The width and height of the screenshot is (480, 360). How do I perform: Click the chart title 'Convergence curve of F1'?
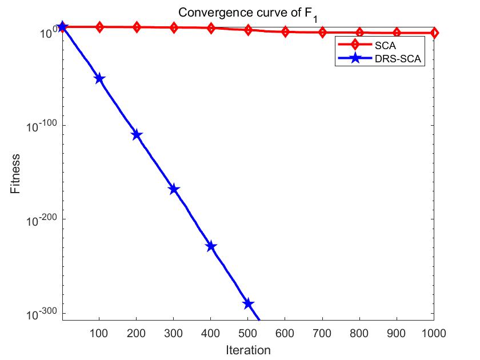[x=247, y=13]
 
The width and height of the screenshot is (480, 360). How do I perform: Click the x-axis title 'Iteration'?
[x=247, y=350]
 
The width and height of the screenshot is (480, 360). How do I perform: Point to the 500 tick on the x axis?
[x=248, y=332]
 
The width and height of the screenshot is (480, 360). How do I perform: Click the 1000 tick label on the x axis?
[x=434, y=332]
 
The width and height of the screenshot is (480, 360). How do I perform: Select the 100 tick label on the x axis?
[x=99, y=332]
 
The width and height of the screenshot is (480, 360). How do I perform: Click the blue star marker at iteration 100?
[x=99, y=78]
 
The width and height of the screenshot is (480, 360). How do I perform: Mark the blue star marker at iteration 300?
[x=174, y=189]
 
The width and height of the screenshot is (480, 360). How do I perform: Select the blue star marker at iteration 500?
[x=248, y=303]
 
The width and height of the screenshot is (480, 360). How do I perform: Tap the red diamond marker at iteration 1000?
[x=434, y=33]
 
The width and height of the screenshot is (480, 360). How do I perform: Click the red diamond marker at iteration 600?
[x=285, y=32]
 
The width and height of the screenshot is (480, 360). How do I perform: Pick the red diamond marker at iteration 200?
[x=137, y=27]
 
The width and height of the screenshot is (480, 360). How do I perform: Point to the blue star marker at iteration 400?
[x=211, y=246]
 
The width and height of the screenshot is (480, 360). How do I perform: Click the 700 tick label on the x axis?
[x=322, y=332]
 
